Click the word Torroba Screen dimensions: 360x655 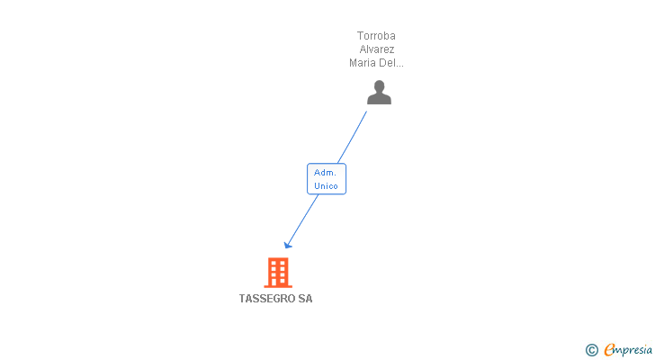(x=376, y=36)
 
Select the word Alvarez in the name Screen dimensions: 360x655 (x=377, y=49)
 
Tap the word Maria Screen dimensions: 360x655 (x=363, y=63)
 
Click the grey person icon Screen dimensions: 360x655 (x=379, y=92)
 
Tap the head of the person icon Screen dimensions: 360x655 (x=379, y=85)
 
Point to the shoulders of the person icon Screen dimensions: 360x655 (x=379, y=98)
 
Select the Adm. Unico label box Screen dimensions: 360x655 (x=326, y=178)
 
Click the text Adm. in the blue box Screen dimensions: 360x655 (x=326, y=172)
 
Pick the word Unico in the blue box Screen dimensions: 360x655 (x=326, y=186)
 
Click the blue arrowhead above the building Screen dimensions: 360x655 (x=288, y=244)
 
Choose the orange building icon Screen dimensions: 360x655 (x=277, y=272)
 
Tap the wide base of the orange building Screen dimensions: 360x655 (x=277, y=285)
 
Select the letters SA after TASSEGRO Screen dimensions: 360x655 (x=305, y=299)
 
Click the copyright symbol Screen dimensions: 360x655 (x=591, y=350)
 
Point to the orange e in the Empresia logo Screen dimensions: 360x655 (x=609, y=350)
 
